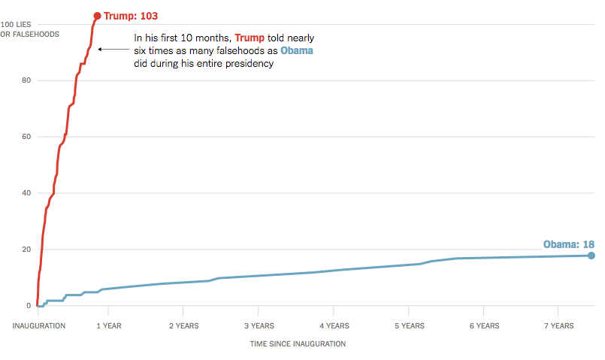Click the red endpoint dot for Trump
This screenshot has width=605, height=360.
[x=97, y=16]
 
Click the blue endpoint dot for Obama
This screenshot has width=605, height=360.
[x=591, y=256]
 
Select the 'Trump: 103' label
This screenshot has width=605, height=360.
[x=131, y=16]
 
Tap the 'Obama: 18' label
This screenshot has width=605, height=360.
[x=569, y=244]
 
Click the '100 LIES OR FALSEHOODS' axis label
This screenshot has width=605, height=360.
[x=29, y=29]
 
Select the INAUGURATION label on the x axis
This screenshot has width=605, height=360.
[x=38, y=326]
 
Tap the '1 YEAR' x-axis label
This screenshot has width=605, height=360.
[x=109, y=326]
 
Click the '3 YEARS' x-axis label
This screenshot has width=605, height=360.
[x=259, y=326]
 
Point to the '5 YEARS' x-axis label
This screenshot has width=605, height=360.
[x=409, y=326]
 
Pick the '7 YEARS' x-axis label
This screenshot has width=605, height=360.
[x=558, y=326]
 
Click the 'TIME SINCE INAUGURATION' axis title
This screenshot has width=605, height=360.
[x=298, y=343]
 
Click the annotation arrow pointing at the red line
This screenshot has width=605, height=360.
[x=113, y=50]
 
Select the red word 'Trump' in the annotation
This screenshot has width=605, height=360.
[x=250, y=38]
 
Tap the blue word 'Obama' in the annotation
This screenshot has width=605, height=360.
[x=297, y=50]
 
